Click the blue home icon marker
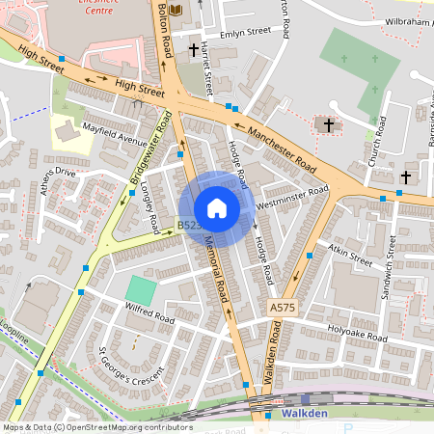coord(217,208)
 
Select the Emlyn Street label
coord(246,32)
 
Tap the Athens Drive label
coord(51,175)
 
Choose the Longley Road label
coord(149,207)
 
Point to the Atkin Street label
coord(350,256)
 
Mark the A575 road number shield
coord(280,307)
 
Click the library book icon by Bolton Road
coord(175,10)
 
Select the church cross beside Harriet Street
coord(194,48)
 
